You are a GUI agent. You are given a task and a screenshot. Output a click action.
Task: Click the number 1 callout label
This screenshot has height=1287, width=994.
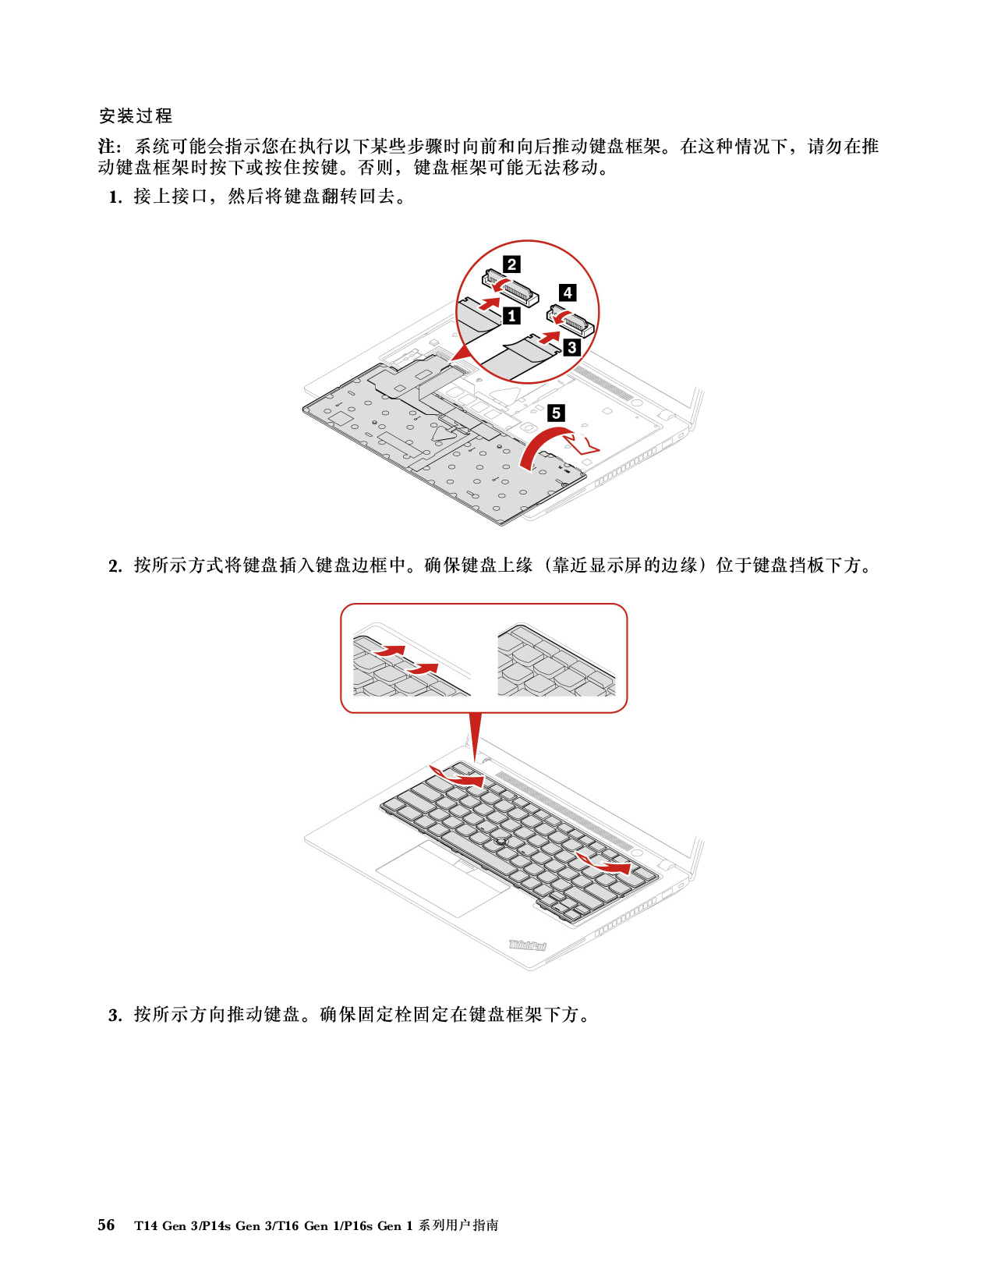[x=511, y=316]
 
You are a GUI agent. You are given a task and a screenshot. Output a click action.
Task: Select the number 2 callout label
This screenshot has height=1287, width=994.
[x=511, y=264]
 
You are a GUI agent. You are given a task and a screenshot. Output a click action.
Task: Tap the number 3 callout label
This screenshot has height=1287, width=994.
[x=571, y=347]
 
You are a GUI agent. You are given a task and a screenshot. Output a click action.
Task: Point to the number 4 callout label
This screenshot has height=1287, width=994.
[x=568, y=292]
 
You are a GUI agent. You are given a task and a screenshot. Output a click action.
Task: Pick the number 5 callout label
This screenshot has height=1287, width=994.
[x=556, y=413]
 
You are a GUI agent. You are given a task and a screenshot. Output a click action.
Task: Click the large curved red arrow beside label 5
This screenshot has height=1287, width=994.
[x=542, y=445]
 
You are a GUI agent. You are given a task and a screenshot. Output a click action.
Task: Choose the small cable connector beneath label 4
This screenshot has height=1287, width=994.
[x=574, y=321]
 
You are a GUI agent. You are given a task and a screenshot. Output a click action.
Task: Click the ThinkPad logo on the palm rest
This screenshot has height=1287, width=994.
[x=528, y=945]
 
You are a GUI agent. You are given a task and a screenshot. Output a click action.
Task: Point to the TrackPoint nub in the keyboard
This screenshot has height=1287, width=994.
[x=501, y=842]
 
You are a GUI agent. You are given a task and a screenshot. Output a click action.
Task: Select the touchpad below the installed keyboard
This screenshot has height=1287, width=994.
[x=443, y=878]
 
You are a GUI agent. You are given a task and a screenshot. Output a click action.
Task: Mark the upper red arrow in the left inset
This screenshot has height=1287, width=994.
[x=389, y=650]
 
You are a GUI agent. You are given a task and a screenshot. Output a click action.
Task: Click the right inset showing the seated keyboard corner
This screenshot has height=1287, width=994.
[x=556, y=660]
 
